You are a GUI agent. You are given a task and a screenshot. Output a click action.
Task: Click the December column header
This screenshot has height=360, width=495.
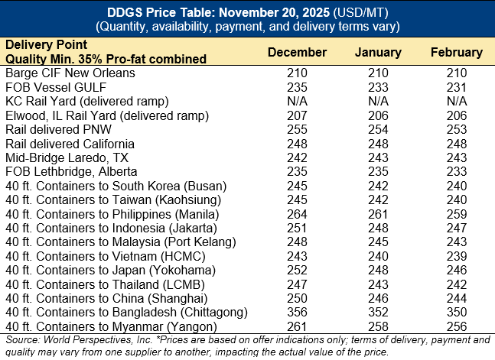coord(297,53)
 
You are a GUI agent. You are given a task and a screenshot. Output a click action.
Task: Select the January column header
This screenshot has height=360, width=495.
coord(378,53)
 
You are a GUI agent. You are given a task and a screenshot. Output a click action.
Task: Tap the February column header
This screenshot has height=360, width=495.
coord(456,53)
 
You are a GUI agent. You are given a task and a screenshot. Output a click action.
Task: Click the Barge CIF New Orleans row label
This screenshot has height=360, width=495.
coord(70,73)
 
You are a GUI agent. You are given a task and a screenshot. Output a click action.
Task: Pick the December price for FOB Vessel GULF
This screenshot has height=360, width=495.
coord(297,87)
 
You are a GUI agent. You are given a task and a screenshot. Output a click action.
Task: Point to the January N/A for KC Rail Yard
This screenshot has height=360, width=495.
coord(378,102)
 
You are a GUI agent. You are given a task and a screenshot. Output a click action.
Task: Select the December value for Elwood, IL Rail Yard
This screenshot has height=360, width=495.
coord(297,115)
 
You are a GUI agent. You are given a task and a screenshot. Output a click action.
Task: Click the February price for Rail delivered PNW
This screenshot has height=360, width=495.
coord(456,130)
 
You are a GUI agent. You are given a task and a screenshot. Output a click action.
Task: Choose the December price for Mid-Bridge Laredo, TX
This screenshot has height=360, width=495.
coord(297,157)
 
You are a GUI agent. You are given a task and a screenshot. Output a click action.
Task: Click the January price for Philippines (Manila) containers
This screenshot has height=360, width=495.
coord(378,214)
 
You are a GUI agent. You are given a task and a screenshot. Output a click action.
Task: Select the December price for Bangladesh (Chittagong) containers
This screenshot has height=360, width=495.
coord(297,313)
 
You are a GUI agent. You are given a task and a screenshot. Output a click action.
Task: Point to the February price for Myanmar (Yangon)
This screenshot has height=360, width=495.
coord(456,326)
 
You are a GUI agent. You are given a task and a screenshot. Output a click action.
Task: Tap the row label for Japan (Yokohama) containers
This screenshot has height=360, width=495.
coord(106,271)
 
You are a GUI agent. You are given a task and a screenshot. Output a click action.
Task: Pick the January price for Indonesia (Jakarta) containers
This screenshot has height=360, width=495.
coord(378,228)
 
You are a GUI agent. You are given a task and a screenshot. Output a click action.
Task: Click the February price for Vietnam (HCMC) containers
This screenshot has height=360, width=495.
coord(456,256)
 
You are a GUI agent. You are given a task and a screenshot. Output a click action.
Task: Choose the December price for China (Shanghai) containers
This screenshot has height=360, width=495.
coord(297,298)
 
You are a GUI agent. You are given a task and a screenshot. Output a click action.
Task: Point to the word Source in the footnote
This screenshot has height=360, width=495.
coord(22,339)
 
